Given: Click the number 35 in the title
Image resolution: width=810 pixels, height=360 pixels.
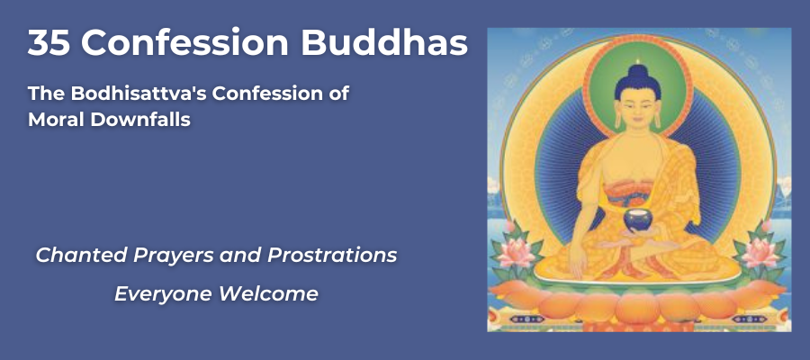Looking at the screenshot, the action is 49,43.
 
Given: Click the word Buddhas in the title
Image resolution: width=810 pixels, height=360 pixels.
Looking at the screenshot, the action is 384,43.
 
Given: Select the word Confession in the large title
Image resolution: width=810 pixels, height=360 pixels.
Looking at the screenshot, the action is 185,43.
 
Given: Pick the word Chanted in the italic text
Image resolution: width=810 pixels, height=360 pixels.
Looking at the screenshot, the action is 70,256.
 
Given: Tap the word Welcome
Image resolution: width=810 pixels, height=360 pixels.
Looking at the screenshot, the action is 268,294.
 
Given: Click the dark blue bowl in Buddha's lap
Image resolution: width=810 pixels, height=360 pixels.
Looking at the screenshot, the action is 637,219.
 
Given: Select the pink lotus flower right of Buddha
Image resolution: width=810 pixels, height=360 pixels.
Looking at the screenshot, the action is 760,253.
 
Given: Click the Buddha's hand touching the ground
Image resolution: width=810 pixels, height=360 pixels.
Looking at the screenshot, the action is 577,264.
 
